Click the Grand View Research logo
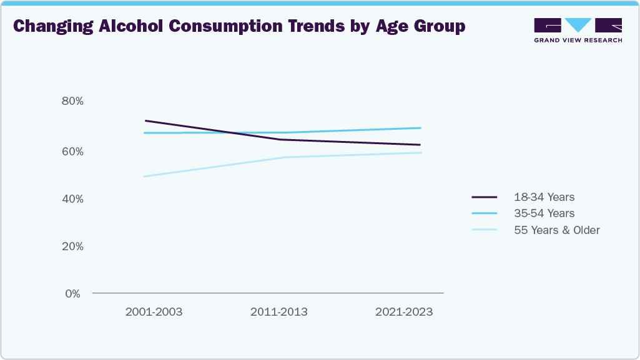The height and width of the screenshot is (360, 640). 578,30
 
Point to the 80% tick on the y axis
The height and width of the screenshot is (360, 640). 72,101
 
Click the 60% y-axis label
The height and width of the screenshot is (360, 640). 72,151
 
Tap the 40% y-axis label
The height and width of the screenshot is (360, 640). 72,198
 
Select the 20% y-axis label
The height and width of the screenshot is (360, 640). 72,246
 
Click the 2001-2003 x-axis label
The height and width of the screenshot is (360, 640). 154,312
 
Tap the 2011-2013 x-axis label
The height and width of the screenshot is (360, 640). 278,312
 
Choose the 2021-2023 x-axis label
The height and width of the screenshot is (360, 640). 403,312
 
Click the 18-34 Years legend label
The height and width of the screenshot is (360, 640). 544,197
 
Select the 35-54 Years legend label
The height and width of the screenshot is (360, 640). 544,213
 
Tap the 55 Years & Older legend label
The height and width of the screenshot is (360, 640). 556,230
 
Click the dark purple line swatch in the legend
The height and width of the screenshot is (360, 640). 484,197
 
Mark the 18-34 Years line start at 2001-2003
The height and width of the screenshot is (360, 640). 145,120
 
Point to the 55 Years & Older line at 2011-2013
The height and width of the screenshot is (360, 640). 285,157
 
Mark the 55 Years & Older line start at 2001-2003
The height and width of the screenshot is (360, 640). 144,177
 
